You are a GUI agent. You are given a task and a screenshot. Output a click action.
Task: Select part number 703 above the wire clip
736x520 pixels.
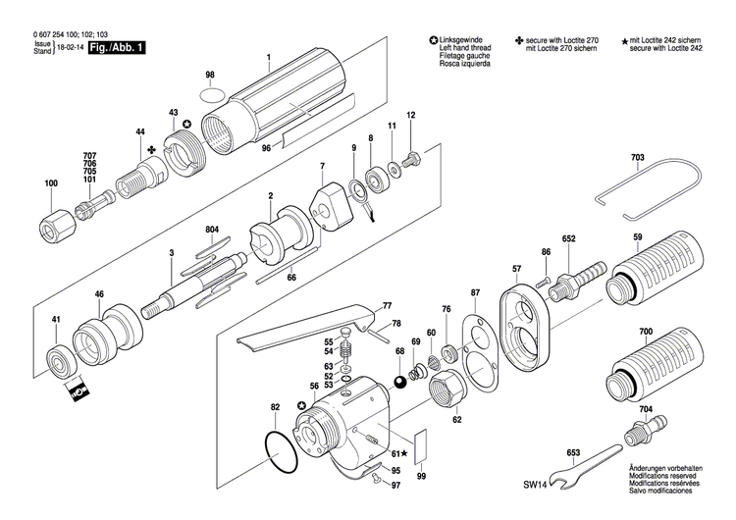pyautogui.click(x=638, y=159)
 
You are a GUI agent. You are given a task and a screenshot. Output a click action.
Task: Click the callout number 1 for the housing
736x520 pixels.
pyautogui.click(x=268, y=57)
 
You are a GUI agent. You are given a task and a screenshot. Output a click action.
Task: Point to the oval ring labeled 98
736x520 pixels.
pyautogui.click(x=210, y=96)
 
